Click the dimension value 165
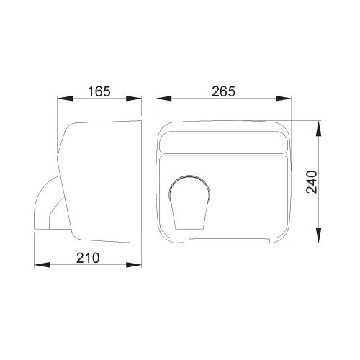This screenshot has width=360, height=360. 99,91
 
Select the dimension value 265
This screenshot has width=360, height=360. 224,91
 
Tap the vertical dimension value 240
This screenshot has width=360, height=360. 312,181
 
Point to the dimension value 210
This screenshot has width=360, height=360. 88,258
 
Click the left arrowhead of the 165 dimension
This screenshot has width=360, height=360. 65,99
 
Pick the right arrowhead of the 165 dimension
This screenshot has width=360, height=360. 134,99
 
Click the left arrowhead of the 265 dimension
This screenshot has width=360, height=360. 163,99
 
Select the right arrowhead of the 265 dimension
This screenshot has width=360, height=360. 283,99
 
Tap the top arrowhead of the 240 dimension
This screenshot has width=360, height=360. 318,128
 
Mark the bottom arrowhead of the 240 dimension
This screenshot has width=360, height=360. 318,235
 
